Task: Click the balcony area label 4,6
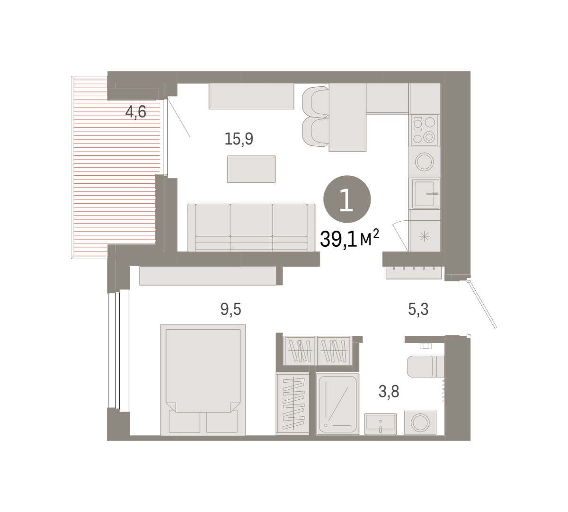click(136, 112)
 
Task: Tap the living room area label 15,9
click(239, 139)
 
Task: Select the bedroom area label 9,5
click(231, 309)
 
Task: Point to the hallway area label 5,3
click(418, 309)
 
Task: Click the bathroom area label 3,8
click(389, 392)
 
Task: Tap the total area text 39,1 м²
click(349, 239)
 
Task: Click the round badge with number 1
click(347, 199)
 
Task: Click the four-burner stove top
click(424, 130)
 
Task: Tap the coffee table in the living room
click(251, 169)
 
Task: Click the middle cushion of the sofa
click(251, 227)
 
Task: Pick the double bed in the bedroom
click(204, 380)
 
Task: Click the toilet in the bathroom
click(426, 367)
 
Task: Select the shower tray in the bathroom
click(337, 404)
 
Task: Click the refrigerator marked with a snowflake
click(425, 236)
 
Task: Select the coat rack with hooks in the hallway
click(414, 272)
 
